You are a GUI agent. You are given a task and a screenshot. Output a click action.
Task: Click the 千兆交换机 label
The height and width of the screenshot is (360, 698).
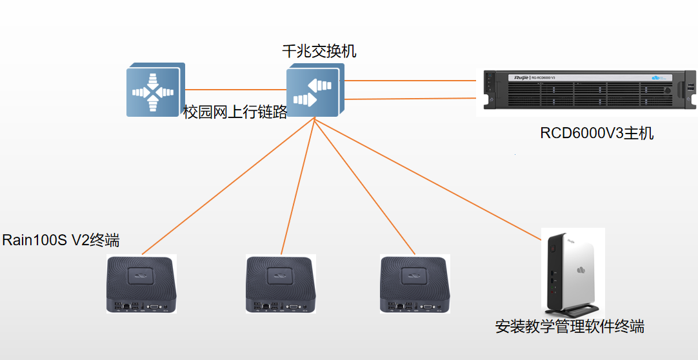click(319, 51)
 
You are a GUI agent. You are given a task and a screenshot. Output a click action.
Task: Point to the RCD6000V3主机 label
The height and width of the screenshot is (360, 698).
click(597, 134)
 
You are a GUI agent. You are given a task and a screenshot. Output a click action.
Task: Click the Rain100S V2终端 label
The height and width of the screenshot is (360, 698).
click(61, 241)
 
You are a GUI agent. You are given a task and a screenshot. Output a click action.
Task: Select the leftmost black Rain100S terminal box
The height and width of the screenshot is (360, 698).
click(141, 284)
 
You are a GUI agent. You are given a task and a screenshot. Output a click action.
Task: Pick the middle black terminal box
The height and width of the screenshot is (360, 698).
click(281, 284)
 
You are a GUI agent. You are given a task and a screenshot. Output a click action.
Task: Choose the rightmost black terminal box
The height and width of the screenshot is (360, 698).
click(415, 284)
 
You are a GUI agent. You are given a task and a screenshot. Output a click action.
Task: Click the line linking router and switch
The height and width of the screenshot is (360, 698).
click(235, 90)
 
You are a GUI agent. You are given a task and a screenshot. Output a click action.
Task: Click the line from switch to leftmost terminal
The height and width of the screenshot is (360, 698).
click(226, 186)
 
